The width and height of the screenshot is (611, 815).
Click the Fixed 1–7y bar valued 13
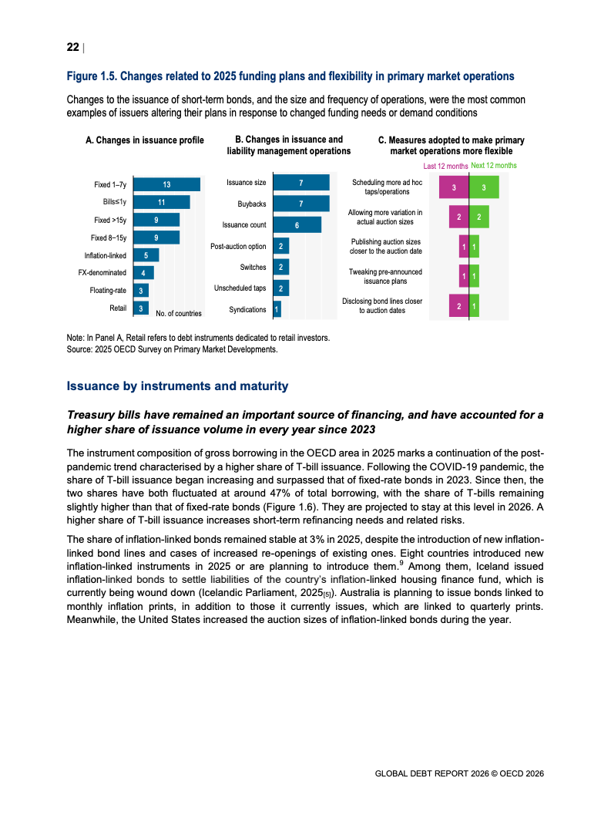pyautogui.click(x=166, y=185)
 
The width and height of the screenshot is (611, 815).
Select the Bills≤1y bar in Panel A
pyautogui.click(x=162, y=202)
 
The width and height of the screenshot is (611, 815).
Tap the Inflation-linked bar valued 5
pyautogui.click(x=146, y=255)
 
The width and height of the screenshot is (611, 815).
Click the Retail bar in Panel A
pyautogui.click(x=141, y=308)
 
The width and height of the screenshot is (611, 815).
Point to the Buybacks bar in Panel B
pyautogui.click(x=301, y=204)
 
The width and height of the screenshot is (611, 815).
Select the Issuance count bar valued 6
pyautogui.click(x=297, y=224)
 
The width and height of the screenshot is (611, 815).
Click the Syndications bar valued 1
pyautogui.click(x=277, y=309)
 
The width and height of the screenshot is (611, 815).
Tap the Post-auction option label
pyautogui.click(x=238, y=247)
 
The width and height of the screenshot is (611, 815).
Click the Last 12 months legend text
pyautogui.click(x=445, y=166)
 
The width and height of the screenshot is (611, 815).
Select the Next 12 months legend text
pyautogui.click(x=494, y=166)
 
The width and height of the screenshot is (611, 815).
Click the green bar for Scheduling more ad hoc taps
pyautogui.click(x=484, y=187)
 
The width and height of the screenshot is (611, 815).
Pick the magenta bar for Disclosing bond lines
pyautogui.click(x=459, y=306)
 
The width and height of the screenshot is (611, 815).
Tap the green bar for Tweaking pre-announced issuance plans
pyautogui.click(x=475, y=276)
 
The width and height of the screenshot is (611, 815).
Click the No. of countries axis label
pyautogui.click(x=178, y=314)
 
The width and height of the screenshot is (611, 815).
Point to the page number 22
pyautogui.click(x=72, y=47)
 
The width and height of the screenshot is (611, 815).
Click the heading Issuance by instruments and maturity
pyautogui.click(x=177, y=386)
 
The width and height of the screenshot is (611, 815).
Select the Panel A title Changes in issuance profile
pyautogui.click(x=145, y=140)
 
